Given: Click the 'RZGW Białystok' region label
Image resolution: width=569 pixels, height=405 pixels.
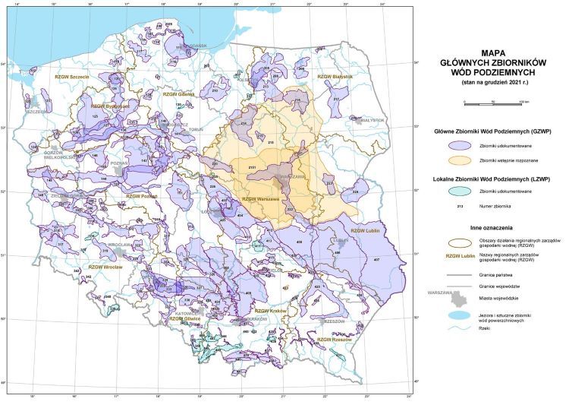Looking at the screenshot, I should pos(335,76).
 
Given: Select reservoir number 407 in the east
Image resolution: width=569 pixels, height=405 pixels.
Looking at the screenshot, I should pos(376,260).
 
